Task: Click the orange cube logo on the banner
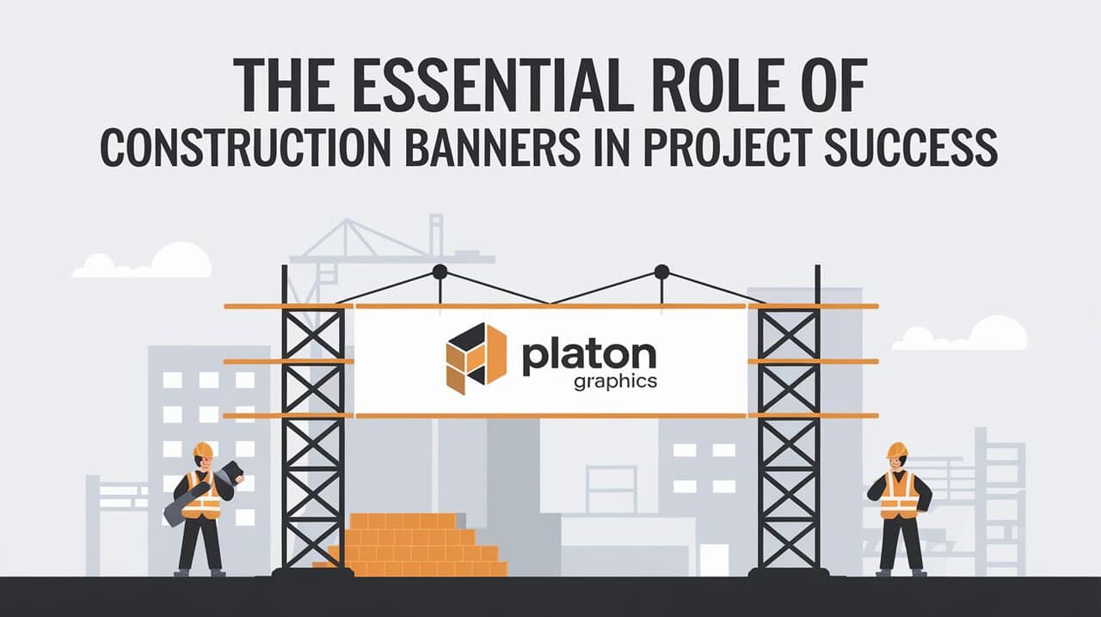click(476, 357)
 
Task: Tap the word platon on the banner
click(588, 354)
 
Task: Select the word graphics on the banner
click(614, 381)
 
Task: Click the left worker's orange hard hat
click(203, 450)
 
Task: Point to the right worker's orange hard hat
click(897, 450)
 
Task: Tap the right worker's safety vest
click(899, 495)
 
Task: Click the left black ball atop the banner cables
click(440, 272)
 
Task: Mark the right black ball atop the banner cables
click(661, 272)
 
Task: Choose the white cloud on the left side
click(146, 262)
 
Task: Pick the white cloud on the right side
click(963, 335)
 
